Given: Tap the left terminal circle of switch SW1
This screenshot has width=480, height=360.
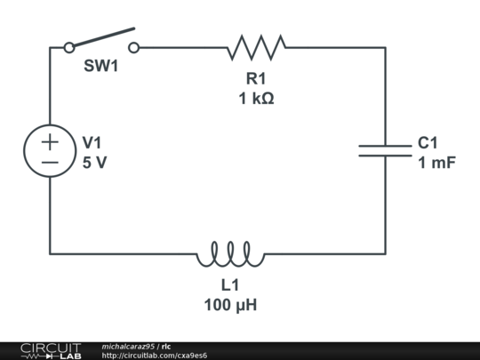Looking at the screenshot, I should tap(69, 47).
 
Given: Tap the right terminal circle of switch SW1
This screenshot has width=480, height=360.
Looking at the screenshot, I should tap(133, 47).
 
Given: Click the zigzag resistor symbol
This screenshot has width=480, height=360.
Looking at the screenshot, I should tap(256, 47).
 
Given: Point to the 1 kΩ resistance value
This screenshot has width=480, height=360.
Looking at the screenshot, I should tap(256, 99).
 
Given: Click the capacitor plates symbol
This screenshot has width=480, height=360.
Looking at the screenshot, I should tap(385, 149).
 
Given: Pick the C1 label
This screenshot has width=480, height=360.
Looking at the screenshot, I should tap(428, 142).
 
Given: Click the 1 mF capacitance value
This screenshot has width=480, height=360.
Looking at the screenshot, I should tap(436, 163).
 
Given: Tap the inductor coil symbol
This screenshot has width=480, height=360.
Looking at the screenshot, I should tap(230, 255).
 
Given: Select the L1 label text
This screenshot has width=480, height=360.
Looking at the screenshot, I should tap(230, 286).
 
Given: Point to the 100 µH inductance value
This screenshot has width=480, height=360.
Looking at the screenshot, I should tap(230, 305).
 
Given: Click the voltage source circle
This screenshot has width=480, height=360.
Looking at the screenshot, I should tap(50, 150).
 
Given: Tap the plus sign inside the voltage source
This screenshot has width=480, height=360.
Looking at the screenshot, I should tap(50, 140).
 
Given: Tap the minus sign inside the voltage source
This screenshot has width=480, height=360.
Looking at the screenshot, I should tap(50, 162).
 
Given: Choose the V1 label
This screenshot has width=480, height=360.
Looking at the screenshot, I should tap(92, 142).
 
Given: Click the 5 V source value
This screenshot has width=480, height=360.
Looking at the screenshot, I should tap(93, 163).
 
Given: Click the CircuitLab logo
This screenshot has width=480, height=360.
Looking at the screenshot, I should tap(50, 350).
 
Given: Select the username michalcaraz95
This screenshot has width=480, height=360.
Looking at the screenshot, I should tap(128, 346).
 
